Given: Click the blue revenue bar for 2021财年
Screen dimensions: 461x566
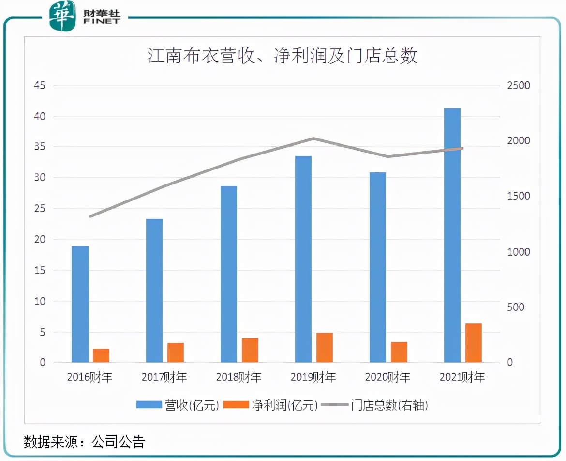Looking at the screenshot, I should tap(452, 235).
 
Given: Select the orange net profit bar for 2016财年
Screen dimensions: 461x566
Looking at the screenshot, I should tap(101, 355).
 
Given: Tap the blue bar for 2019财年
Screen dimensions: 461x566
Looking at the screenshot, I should tap(303, 259).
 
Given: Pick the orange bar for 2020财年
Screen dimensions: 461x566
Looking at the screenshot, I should tap(399, 352).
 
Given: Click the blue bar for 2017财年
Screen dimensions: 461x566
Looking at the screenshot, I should tap(154, 291).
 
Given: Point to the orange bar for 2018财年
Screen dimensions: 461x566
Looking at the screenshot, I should tap(250, 350).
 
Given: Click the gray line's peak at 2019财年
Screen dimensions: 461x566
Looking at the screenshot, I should tap(313, 138).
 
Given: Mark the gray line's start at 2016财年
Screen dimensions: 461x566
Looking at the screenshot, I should tap(90, 216).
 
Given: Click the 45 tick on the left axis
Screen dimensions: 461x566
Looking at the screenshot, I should tap(39, 86).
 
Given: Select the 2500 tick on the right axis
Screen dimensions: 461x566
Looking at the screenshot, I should tap(518, 86).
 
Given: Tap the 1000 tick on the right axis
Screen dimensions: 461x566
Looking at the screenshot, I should tap(518, 252).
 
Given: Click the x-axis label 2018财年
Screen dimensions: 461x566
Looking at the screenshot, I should tap(238, 377).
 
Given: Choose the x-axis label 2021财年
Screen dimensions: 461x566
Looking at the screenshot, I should tap(462, 377).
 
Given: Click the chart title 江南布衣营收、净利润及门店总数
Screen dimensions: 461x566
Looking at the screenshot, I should tap(283, 57).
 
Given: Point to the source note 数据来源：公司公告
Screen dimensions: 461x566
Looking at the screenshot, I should tap(85, 442).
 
